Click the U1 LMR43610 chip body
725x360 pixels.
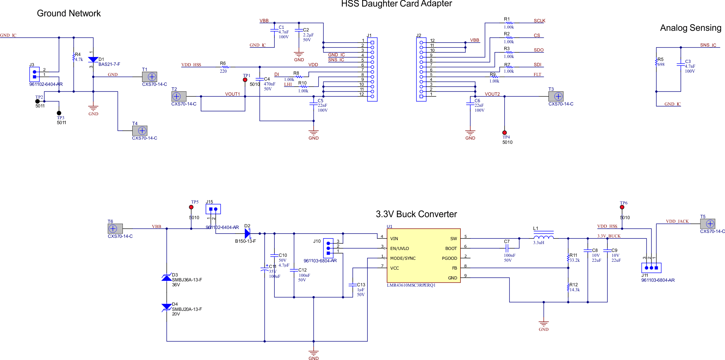click(x=423, y=256)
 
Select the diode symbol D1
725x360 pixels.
click(x=93, y=60)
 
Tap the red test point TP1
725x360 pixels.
click(x=245, y=80)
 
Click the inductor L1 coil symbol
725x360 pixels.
click(x=544, y=237)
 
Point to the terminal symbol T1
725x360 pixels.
click(x=150, y=77)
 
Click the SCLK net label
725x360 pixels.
click(x=539, y=21)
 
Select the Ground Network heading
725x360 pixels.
click(x=69, y=13)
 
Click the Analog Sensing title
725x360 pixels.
click(x=690, y=28)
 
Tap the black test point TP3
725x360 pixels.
click(x=59, y=113)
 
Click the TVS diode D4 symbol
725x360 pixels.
click(x=167, y=307)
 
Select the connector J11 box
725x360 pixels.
click(x=651, y=268)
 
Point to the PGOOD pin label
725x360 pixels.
click(x=449, y=258)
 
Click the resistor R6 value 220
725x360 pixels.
click(x=223, y=71)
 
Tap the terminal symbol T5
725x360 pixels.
click(x=707, y=224)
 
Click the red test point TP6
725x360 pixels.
click(x=622, y=207)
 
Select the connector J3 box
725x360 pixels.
click(x=34, y=74)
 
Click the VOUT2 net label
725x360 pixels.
click(x=492, y=94)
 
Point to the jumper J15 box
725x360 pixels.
click(x=213, y=209)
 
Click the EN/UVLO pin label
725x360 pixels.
click(x=400, y=248)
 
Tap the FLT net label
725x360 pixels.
click(x=537, y=75)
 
